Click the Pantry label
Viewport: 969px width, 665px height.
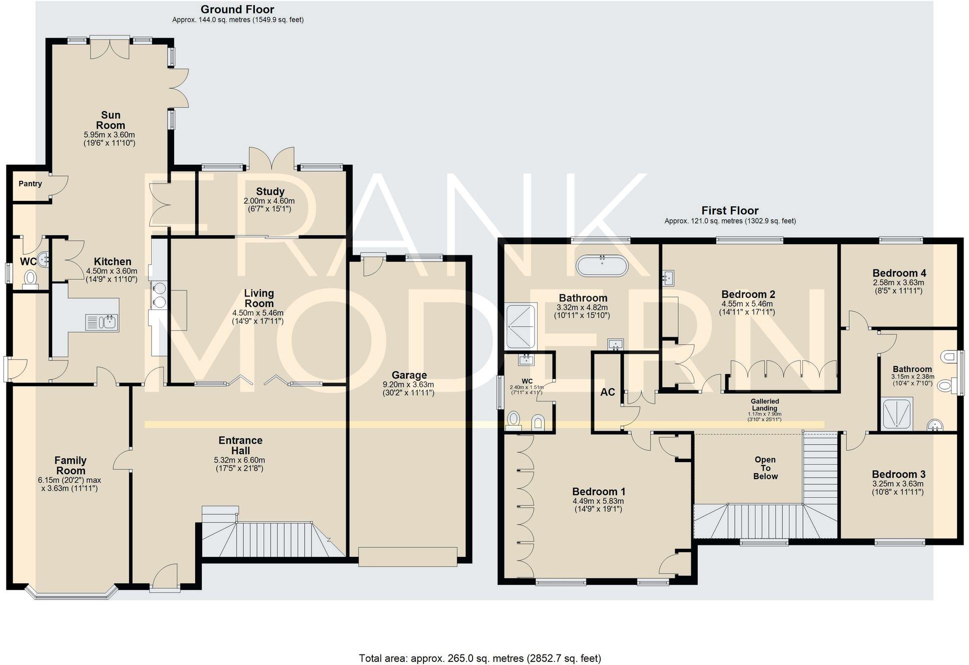tap(30, 184)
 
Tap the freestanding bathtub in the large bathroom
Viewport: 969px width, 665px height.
tap(602, 266)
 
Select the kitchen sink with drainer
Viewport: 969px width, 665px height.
tap(102, 322)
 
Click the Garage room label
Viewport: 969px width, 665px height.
tap(409, 375)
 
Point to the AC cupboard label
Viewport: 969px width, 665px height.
tap(607, 392)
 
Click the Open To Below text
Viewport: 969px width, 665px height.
tap(765, 468)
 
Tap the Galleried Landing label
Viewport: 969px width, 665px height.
tap(764, 405)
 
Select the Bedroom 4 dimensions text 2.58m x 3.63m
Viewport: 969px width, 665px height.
tap(898, 282)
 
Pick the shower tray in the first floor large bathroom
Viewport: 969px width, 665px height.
tap(521, 326)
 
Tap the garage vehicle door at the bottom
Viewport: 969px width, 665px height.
tap(407, 557)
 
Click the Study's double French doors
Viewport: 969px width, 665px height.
tap(272, 159)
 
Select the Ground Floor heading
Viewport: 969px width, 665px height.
tap(237, 9)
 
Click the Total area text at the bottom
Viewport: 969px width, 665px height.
tap(479, 658)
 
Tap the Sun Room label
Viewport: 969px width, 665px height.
tap(111, 120)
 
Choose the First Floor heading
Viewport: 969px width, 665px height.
tap(729, 210)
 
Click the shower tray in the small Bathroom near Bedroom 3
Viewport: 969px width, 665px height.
tap(897, 414)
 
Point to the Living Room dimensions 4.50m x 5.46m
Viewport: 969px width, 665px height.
tap(258, 313)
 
